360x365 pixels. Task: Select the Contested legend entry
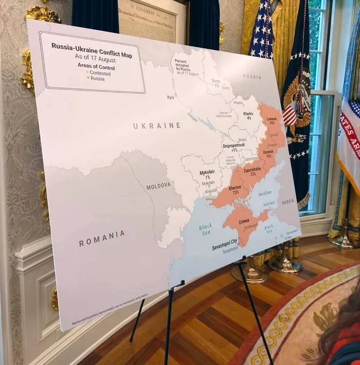pos(99,73)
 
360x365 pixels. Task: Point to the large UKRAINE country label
pos(157,126)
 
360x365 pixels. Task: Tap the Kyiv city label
pos(171,97)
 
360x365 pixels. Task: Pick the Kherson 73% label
pos(235,190)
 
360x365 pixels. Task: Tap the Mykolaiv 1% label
pos(207,174)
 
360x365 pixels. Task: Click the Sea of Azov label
pos(265,194)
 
